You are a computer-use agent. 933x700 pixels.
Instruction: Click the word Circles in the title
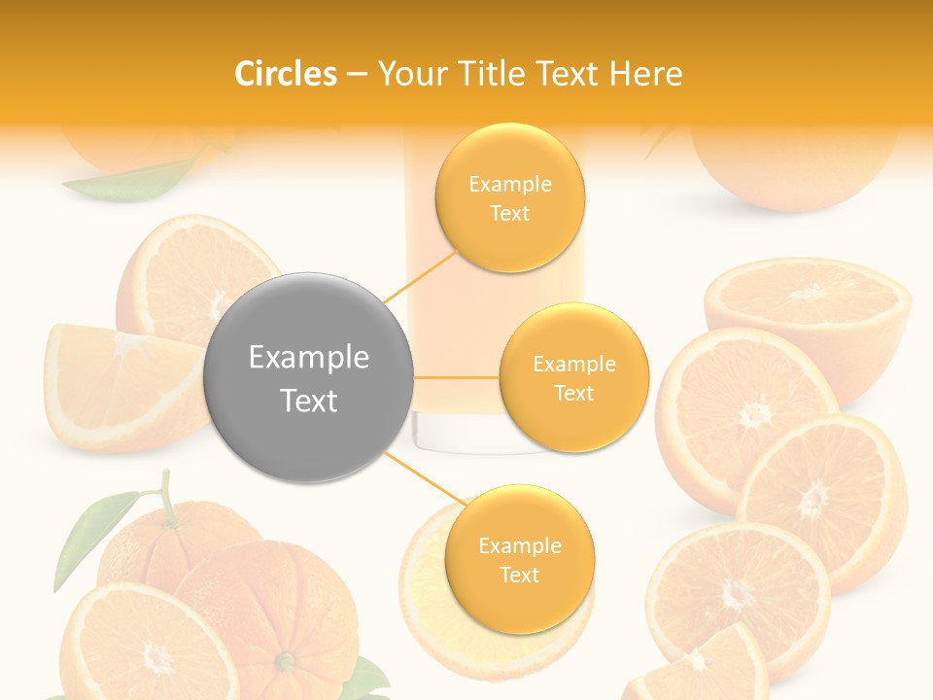click(286, 74)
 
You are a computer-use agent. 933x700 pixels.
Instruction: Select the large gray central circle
click(308, 377)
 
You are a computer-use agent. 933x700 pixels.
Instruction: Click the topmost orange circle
click(509, 197)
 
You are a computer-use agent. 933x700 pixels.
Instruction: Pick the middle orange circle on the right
click(573, 377)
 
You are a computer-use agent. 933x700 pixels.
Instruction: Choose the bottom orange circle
click(519, 559)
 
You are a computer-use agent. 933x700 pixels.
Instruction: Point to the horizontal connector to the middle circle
click(457, 377)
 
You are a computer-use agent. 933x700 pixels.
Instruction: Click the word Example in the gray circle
click(308, 358)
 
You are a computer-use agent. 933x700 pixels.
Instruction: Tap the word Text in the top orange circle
click(509, 213)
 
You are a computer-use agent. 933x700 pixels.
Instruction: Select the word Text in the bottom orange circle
click(519, 575)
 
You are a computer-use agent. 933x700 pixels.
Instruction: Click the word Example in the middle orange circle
click(573, 364)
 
